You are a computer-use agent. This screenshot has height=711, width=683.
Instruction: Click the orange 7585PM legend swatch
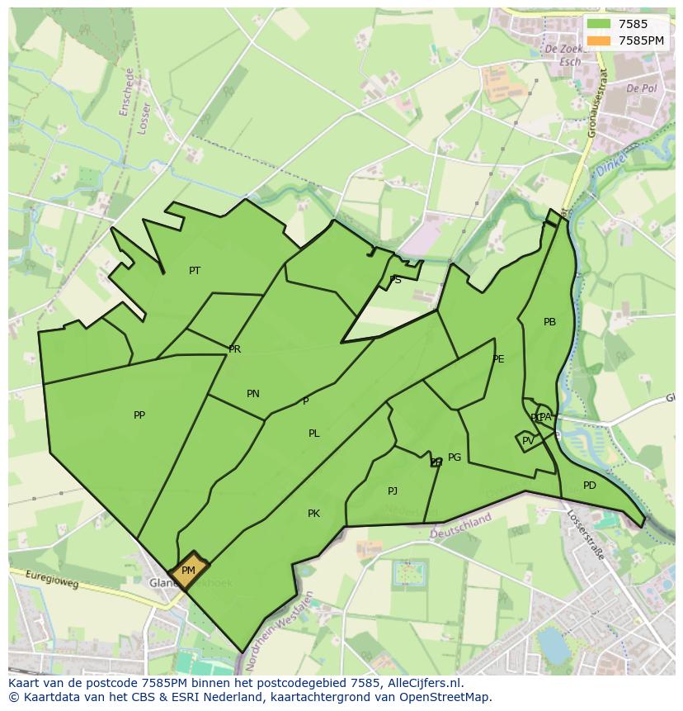(600, 40)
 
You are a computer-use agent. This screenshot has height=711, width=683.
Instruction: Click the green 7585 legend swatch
(600, 25)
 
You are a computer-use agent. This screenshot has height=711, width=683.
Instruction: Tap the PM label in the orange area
(188, 571)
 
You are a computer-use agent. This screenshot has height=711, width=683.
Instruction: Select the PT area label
(195, 271)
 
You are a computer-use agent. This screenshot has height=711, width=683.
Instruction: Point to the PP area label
(139, 415)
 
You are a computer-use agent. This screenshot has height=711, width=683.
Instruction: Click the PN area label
(253, 394)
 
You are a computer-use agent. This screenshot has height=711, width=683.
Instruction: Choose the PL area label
(314, 434)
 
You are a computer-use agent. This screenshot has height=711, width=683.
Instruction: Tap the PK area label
(313, 514)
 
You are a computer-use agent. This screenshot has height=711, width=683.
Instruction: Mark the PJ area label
(393, 491)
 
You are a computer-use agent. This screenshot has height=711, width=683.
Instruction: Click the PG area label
(455, 457)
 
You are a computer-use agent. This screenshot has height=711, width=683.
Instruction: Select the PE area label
(498, 359)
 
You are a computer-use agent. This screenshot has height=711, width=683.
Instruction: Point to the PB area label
(549, 322)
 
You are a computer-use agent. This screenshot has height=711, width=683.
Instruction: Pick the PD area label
(589, 486)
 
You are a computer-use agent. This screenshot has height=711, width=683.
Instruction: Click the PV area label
(528, 441)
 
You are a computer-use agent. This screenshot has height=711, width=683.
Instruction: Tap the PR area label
(235, 349)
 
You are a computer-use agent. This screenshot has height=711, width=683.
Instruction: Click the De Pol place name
(640, 88)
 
